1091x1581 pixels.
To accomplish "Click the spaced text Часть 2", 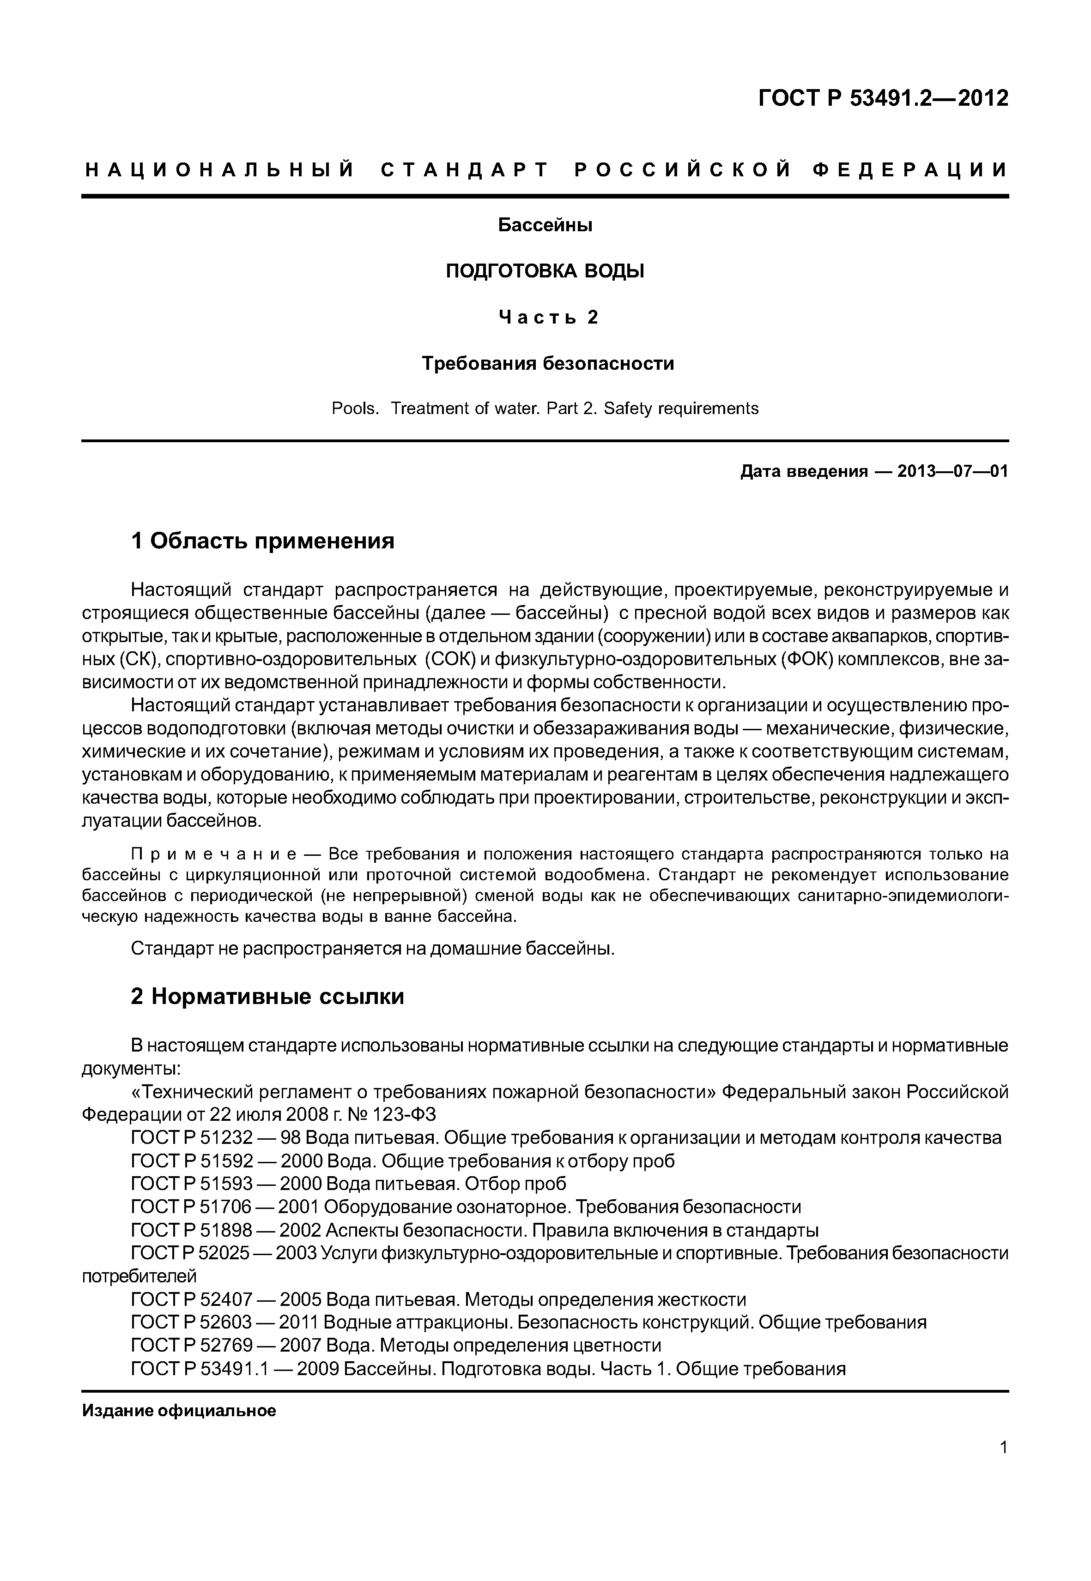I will (547, 317).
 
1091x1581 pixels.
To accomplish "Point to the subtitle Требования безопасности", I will (547, 363).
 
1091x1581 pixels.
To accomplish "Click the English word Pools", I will (354, 409).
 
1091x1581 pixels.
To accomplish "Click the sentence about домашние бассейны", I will (373, 949).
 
